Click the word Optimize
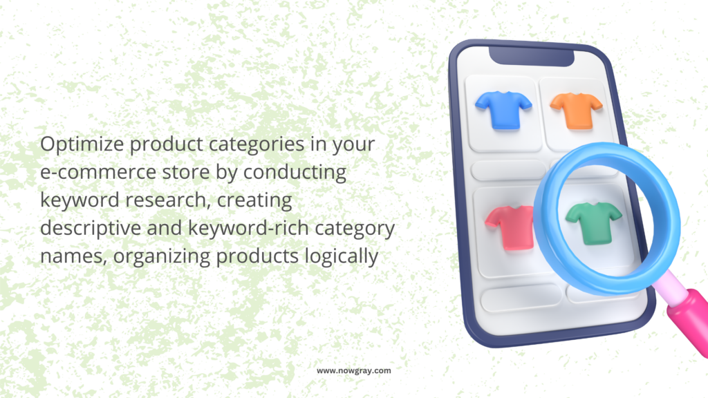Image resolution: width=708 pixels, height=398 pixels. pyautogui.click(x=82, y=144)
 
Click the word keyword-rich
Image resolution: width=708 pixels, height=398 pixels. pyautogui.click(x=248, y=228)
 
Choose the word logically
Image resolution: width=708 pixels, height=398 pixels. pyautogui.click(x=342, y=256)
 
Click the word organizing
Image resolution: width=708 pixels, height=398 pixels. pyautogui.click(x=162, y=256)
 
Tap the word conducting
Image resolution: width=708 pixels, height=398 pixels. pyautogui.click(x=295, y=172)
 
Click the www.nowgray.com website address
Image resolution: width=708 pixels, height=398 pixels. pyautogui.click(x=353, y=370)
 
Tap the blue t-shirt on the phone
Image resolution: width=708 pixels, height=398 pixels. pyautogui.click(x=503, y=110)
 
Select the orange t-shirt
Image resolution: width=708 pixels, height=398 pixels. pyautogui.click(x=576, y=111)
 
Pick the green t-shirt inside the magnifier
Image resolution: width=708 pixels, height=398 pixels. pyautogui.click(x=593, y=223)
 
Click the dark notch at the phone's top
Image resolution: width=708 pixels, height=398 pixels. pyautogui.click(x=532, y=56)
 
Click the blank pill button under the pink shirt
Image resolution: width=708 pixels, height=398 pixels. pyautogui.click(x=521, y=297)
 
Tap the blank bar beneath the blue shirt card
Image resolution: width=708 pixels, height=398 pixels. pyautogui.click(x=508, y=170)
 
